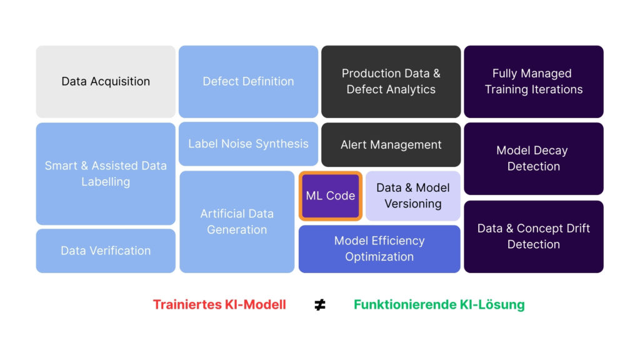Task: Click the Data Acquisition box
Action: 106,81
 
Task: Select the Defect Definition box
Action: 248,81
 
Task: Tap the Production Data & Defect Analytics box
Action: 391,81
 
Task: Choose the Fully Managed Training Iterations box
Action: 533,81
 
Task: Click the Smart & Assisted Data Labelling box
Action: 106,174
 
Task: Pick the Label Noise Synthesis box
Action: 248,144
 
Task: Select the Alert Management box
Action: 391,144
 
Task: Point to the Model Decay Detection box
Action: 533,158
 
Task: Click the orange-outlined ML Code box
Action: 331,196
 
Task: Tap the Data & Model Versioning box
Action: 412,196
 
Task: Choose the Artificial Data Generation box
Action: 237,221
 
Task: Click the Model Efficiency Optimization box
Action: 379,249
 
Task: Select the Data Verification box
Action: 106,251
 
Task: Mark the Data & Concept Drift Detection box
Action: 533,236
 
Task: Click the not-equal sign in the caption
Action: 320,305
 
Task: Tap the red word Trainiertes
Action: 184,305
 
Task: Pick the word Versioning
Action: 412,204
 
